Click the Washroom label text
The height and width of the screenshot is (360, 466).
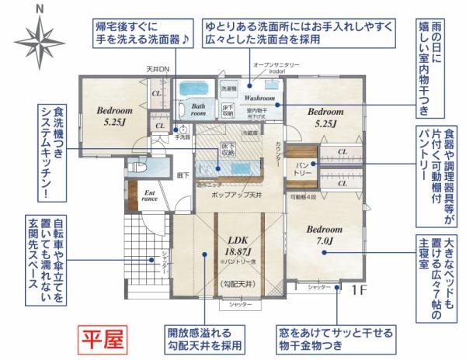click(259, 99)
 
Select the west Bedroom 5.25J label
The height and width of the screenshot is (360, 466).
click(114, 116)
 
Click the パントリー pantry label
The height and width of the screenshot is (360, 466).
click(303, 170)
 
